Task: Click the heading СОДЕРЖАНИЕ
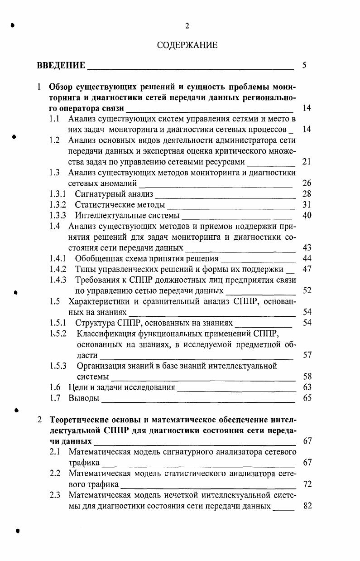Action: [187, 45]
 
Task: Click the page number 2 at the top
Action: [187, 26]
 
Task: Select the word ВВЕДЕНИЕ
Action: [61, 65]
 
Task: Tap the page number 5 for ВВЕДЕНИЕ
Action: [304, 65]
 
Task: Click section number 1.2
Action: [55, 140]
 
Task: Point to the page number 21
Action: [307, 162]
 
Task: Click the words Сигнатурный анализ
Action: [114, 194]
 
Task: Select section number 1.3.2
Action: [58, 205]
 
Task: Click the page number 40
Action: [307, 215]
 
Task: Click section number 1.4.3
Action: [58, 280]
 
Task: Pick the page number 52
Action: [307, 290]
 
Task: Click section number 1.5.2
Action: [58, 334]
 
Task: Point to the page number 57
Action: [307, 355]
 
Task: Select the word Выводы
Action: [84, 398]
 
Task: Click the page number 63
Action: [307, 387]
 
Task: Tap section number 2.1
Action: [55, 452]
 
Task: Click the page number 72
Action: [307, 484]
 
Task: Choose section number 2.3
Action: [55, 495]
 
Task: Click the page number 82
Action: [307, 506]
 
